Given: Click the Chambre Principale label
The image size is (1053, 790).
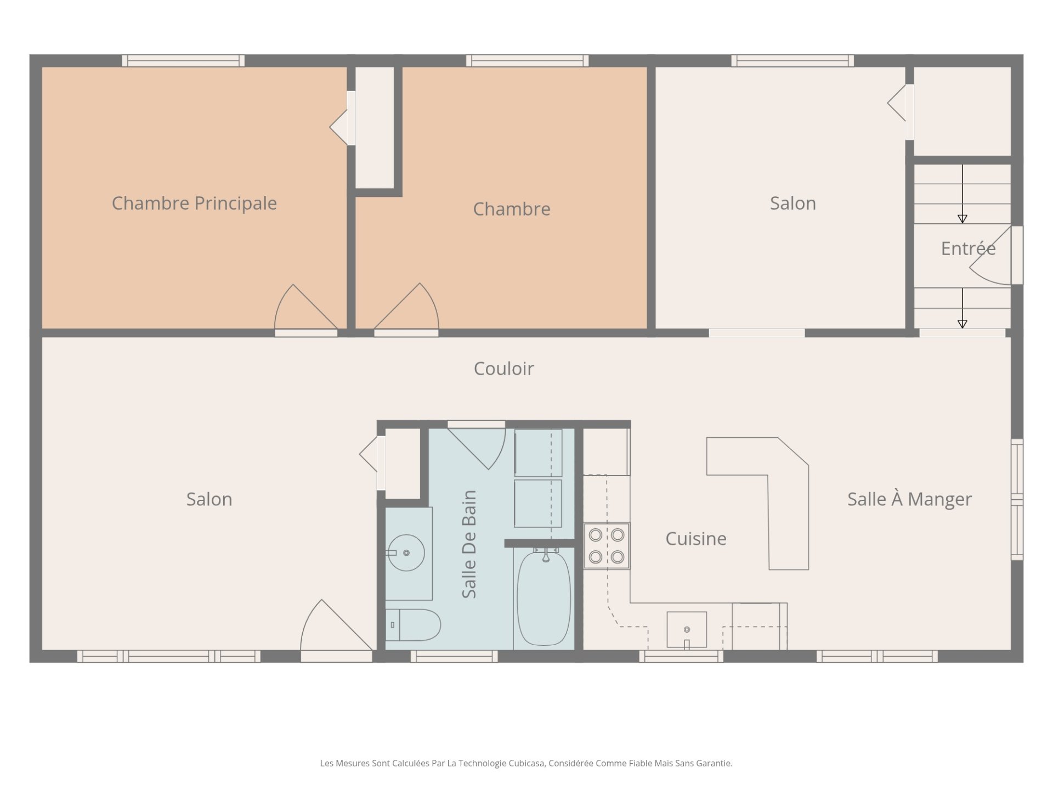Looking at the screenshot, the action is (x=194, y=203).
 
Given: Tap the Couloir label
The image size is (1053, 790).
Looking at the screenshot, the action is (x=503, y=369).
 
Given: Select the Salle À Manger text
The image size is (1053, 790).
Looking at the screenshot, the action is (x=909, y=499).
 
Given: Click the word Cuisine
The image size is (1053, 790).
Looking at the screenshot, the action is (x=696, y=539).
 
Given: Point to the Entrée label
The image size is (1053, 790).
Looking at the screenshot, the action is (x=968, y=248).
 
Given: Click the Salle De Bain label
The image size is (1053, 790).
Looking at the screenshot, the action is (x=469, y=544).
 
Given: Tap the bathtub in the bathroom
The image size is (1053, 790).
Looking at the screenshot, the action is (x=544, y=598).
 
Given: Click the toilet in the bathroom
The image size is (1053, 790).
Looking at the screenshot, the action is (x=413, y=624).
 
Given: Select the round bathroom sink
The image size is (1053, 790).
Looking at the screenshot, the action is (x=406, y=552).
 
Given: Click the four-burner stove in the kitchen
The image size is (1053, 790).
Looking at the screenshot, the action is (x=607, y=546).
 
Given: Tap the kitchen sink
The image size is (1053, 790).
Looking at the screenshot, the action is (x=687, y=630).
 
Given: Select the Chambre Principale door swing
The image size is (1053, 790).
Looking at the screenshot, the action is (x=305, y=307).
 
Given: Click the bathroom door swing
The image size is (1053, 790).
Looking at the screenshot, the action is (x=476, y=448).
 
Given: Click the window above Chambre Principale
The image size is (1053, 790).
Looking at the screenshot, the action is (x=183, y=60).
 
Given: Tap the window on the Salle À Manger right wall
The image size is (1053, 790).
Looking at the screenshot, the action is (x=1017, y=499).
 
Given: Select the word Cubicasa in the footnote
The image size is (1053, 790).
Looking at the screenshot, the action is (x=526, y=763).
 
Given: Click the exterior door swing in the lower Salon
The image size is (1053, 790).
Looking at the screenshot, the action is (x=336, y=625).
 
